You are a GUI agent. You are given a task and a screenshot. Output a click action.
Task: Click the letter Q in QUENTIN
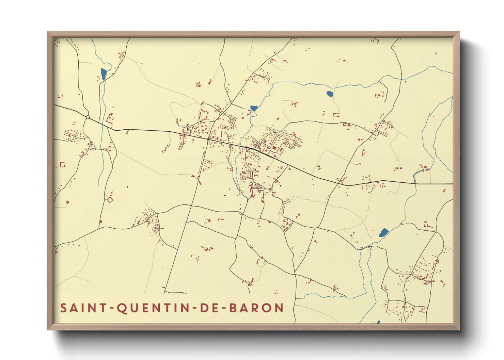pos(121,308)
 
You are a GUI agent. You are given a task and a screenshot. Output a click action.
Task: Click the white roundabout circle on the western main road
pos(88,117)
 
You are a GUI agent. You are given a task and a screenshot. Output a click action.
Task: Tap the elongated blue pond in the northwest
pos(104,74)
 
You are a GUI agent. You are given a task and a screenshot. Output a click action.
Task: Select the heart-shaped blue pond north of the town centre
pos(253,109)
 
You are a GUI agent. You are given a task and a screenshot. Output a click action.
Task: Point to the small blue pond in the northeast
pos(330,94)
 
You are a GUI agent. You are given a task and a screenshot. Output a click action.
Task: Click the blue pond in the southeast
pos(383,233)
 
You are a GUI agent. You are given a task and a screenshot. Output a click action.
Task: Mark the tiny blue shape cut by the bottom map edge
pos(378,322)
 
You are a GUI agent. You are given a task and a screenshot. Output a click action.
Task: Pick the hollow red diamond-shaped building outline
pos(110,200)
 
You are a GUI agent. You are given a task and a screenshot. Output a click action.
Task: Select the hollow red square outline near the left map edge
pos(62,165)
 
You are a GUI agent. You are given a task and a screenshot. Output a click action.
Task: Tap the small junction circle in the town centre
pos(208,139)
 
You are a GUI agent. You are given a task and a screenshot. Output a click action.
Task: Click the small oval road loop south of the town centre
pos(261,188)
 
